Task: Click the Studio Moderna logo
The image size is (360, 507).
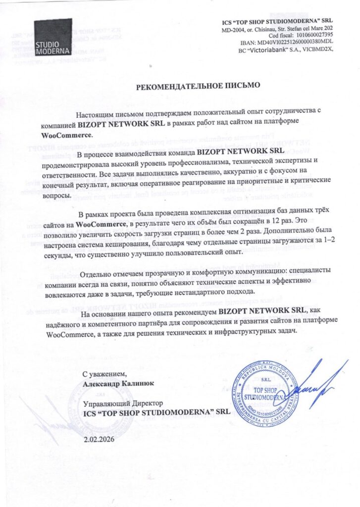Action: click(53, 37)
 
